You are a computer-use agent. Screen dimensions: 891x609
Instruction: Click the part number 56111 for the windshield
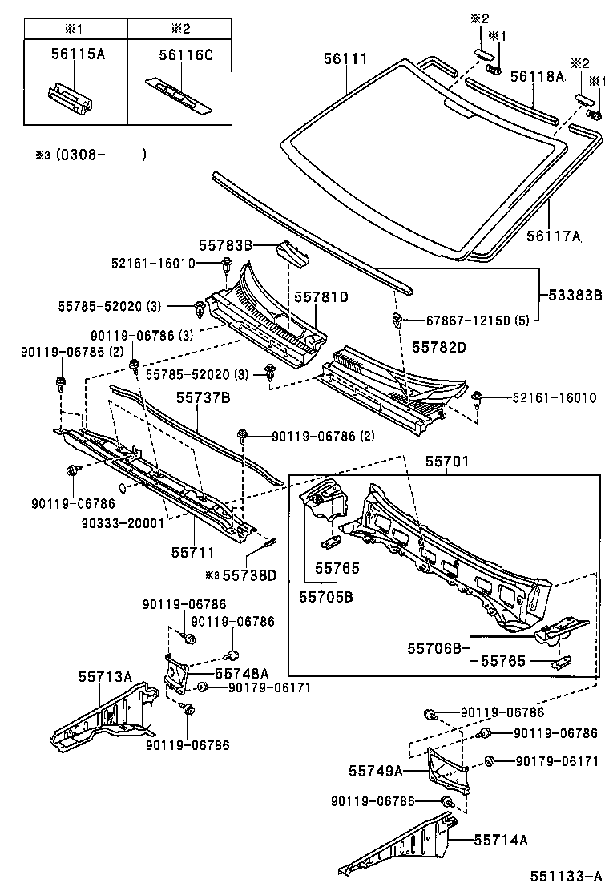[x=345, y=59]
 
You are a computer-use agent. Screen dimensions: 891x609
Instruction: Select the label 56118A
[x=538, y=76]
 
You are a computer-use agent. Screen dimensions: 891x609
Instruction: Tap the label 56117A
[x=553, y=236]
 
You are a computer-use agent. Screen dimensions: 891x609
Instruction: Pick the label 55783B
[x=226, y=244]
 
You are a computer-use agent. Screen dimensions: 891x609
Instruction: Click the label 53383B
[x=575, y=295]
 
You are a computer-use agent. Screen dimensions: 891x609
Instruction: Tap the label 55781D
[x=321, y=296]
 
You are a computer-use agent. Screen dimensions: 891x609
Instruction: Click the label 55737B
[x=204, y=397]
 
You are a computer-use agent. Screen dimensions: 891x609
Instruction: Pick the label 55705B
[x=327, y=596]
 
